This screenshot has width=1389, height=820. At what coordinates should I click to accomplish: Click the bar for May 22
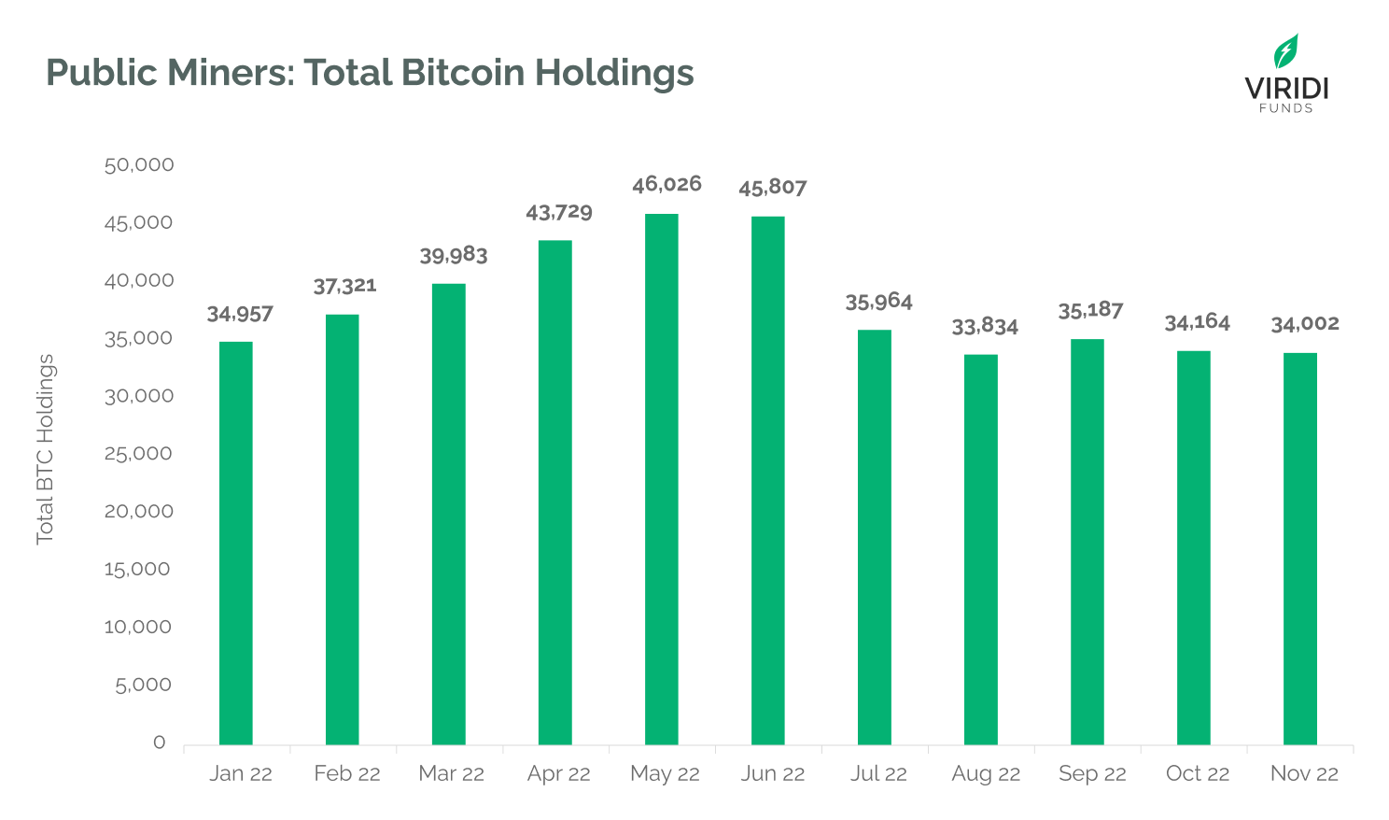662,479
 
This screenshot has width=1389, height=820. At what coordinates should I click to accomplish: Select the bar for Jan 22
236,543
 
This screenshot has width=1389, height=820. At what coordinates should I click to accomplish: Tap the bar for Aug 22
981,549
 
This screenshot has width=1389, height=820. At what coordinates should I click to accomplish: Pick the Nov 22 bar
1300,548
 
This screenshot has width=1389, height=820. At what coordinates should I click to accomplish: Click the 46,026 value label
666,184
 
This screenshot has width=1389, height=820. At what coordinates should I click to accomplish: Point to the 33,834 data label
985,327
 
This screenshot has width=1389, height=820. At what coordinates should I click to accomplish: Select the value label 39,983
454,256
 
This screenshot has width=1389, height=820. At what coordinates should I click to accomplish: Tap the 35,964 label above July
878,302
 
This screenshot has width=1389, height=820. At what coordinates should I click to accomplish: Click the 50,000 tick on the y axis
139,165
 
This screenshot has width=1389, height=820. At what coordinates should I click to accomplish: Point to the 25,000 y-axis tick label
139,454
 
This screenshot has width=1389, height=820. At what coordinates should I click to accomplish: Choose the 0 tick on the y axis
160,742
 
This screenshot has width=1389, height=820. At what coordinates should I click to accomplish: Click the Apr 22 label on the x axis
559,774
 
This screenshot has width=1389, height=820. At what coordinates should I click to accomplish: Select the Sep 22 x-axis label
1092,774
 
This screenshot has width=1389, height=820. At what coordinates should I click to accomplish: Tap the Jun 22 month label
773,774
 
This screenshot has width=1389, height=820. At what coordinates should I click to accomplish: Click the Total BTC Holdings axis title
45,449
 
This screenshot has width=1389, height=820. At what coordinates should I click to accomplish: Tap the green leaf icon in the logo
1286,51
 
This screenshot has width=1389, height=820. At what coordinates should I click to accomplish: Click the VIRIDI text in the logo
1286,89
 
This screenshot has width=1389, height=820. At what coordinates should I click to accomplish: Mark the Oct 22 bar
1194,547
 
